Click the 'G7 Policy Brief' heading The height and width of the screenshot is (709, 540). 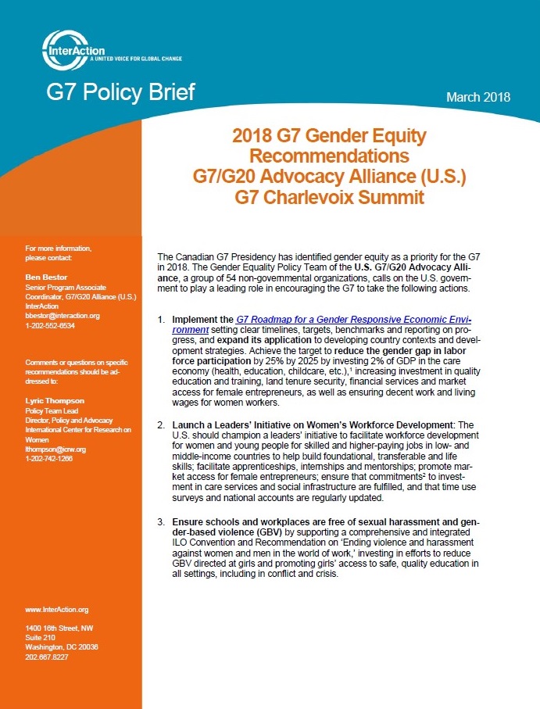120,91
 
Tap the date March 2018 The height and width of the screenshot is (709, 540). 478,97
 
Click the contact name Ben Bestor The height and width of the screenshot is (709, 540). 46,278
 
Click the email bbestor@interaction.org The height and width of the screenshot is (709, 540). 63,316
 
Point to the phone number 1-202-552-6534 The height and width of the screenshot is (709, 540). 50,325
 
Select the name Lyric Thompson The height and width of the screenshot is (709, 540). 55,401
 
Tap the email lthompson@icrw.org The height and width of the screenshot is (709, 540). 55,449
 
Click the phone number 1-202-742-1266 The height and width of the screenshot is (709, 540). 48,459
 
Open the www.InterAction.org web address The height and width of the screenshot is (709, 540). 57,610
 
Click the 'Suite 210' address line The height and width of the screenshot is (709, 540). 40,638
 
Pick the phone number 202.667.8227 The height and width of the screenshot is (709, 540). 47,657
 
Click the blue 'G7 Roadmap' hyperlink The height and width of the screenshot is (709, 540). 322,324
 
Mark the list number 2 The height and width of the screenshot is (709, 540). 161,425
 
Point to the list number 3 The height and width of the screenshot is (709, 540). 161,522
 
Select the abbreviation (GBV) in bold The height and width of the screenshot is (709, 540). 268,532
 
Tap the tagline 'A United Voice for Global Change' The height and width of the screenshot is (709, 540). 135,59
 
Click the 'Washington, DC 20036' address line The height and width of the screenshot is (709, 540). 62,647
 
